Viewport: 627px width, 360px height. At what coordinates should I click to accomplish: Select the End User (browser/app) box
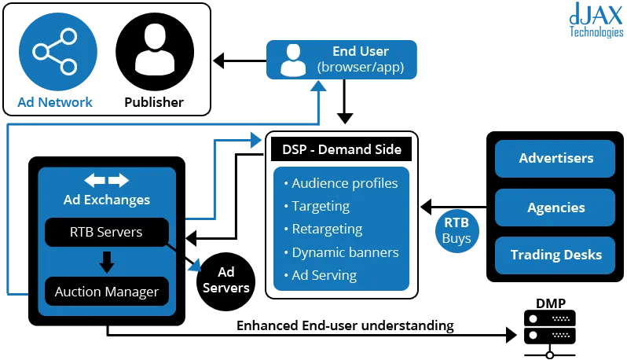pos(342,60)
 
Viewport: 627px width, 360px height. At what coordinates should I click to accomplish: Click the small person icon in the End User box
pos(293,61)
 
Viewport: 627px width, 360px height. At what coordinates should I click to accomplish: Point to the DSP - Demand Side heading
pos(342,149)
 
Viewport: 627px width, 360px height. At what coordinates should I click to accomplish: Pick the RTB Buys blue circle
pos(456,230)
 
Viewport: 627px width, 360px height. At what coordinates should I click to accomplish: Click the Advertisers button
pos(555,159)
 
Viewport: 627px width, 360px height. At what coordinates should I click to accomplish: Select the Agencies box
pos(555,208)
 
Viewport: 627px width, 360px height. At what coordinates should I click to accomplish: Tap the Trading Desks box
pos(555,255)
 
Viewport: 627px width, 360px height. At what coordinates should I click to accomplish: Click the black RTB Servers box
pos(106,231)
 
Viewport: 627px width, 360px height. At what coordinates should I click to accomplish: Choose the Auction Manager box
pos(106,292)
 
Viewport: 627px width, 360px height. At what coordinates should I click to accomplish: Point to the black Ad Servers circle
pos(225,279)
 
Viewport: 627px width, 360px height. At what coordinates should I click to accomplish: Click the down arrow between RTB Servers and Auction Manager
pos(107,261)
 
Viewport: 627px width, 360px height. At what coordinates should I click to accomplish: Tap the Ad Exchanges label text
pos(107,200)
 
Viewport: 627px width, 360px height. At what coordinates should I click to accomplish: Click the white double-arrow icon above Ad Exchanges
pos(106,180)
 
